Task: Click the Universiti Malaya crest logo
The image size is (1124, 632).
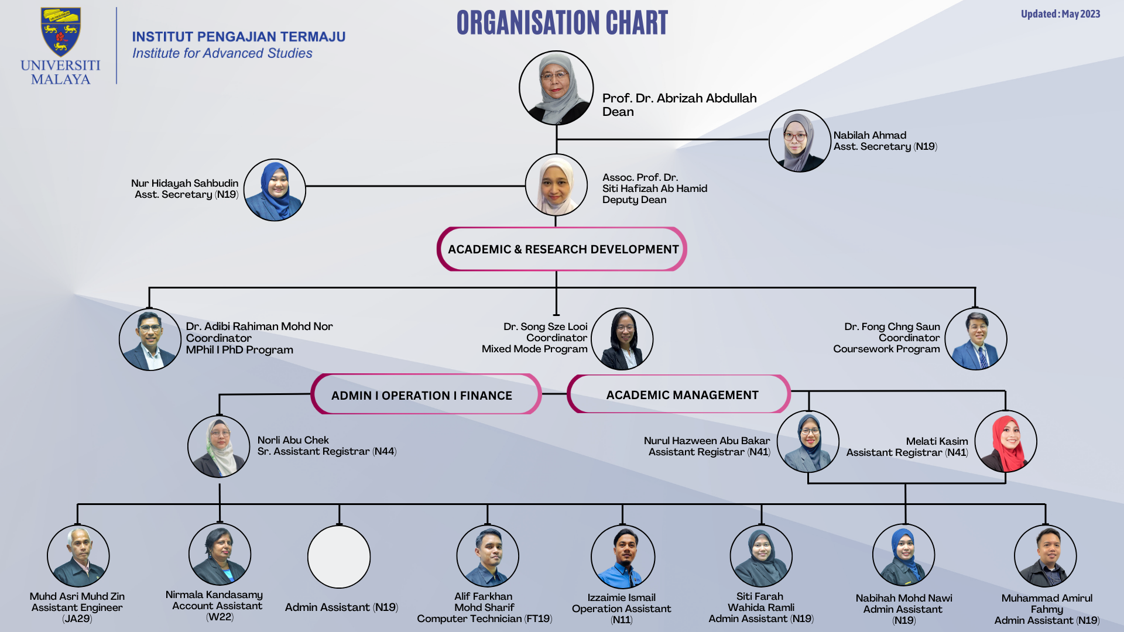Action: click(60, 32)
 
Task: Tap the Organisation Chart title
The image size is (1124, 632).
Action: click(562, 23)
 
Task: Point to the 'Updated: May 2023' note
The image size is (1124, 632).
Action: click(1060, 14)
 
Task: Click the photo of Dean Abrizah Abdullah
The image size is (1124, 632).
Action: click(556, 88)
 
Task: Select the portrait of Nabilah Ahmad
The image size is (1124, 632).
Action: click(800, 141)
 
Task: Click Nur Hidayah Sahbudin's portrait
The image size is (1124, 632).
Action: click(275, 190)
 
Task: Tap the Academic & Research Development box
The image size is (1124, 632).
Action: click(562, 249)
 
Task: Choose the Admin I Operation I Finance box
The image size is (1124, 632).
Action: click(426, 394)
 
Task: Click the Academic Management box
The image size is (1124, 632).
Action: click(679, 394)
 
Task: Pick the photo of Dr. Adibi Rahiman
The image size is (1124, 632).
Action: click(150, 339)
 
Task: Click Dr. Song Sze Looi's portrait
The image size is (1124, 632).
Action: click(622, 339)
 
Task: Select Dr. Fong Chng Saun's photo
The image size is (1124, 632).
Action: click(976, 339)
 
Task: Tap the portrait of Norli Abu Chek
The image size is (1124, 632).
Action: click(219, 446)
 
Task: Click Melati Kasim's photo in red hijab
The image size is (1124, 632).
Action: click(1006, 441)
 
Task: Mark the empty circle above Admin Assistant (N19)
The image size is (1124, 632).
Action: click(339, 557)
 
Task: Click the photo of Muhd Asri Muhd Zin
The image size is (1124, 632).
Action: click(78, 556)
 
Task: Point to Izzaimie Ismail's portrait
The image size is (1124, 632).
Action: click(623, 557)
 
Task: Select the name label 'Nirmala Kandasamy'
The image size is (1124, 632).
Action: click(214, 595)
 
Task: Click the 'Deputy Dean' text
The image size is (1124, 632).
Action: click(635, 200)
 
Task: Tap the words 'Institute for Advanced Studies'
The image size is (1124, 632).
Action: click(222, 53)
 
